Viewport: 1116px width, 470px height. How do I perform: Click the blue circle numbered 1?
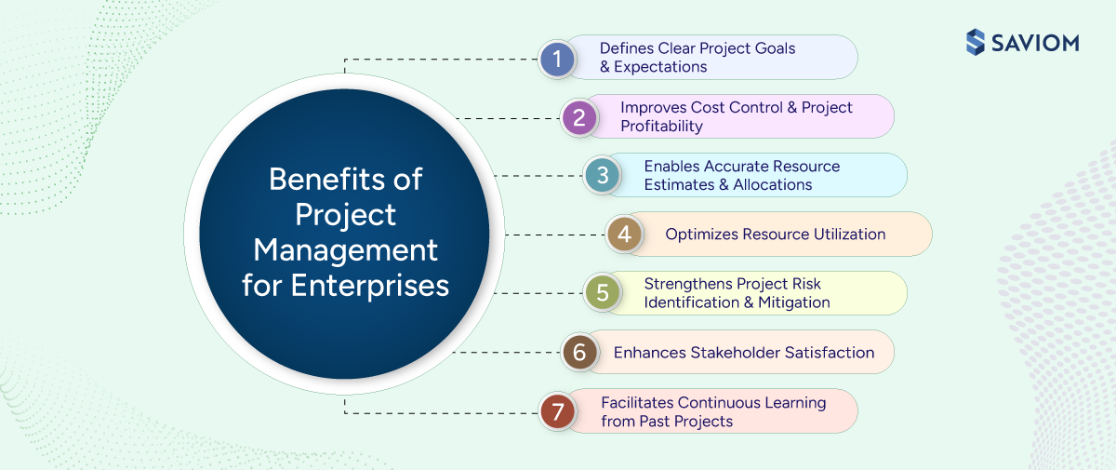(x=557, y=59)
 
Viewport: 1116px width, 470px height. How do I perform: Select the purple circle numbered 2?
(x=578, y=117)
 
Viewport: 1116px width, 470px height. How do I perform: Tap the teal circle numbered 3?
(x=603, y=176)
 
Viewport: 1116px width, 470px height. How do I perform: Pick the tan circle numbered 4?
(x=624, y=235)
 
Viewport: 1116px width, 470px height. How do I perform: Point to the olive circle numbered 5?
(x=603, y=293)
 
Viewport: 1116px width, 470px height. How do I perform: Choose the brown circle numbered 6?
(x=578, y=352)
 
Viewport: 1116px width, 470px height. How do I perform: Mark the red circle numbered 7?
(x=557, y=411)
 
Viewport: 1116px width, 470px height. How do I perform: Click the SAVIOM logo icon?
(x=975, y=42)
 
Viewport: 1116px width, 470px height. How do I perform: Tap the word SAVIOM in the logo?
(x=1034, y=43)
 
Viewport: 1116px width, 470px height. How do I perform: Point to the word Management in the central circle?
(x=345, y=249)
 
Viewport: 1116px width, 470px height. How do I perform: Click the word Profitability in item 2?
(x=661, y=126)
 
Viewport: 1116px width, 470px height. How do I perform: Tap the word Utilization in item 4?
(x=843, y=235)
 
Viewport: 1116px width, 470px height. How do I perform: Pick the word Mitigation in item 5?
(x=793, y=302)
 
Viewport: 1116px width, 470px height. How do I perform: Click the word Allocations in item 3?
(x=772, y=184)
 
